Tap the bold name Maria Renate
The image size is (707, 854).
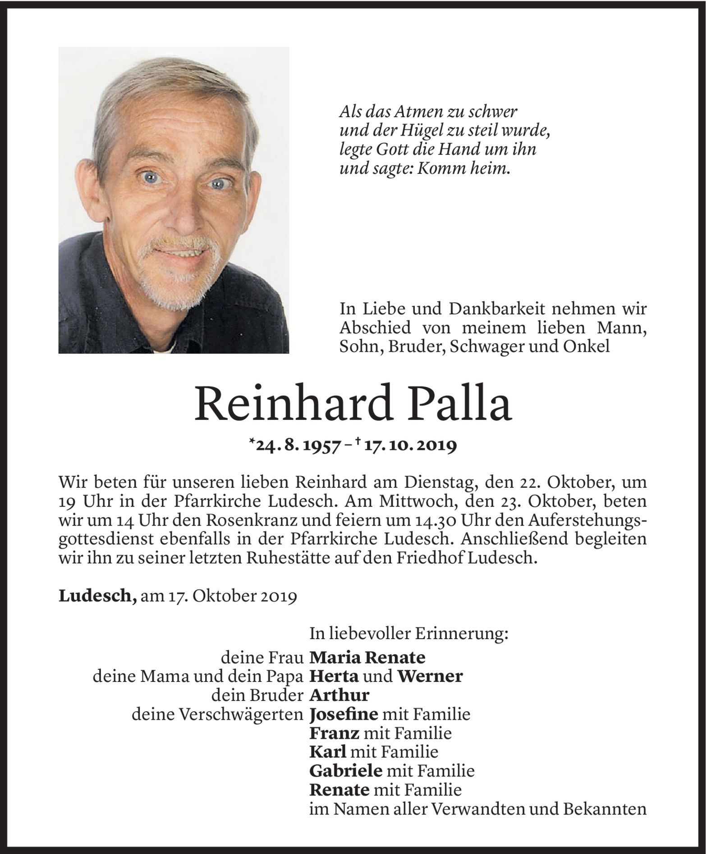(367, 658)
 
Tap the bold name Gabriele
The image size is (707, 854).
(346, 771)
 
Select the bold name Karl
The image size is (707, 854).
(328, 752)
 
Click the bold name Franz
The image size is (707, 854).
(334, 733)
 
